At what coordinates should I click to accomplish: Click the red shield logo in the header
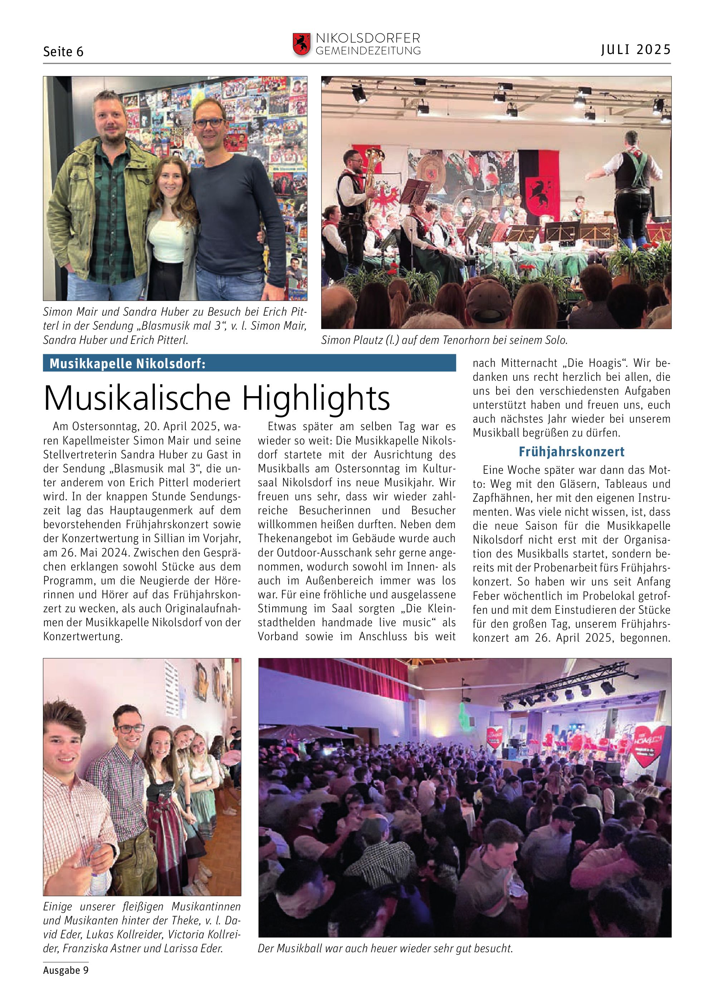pos(301,44)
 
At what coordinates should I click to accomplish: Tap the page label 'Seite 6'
pos(63,52)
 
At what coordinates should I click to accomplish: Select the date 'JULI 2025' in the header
pos(636,50)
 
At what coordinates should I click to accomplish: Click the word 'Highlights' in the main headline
pos(316,398)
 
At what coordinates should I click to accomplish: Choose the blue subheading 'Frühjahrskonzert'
pos(572,452)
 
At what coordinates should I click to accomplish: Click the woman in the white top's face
pos(169,178)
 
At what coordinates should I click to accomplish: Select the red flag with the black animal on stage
pos(539,183)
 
